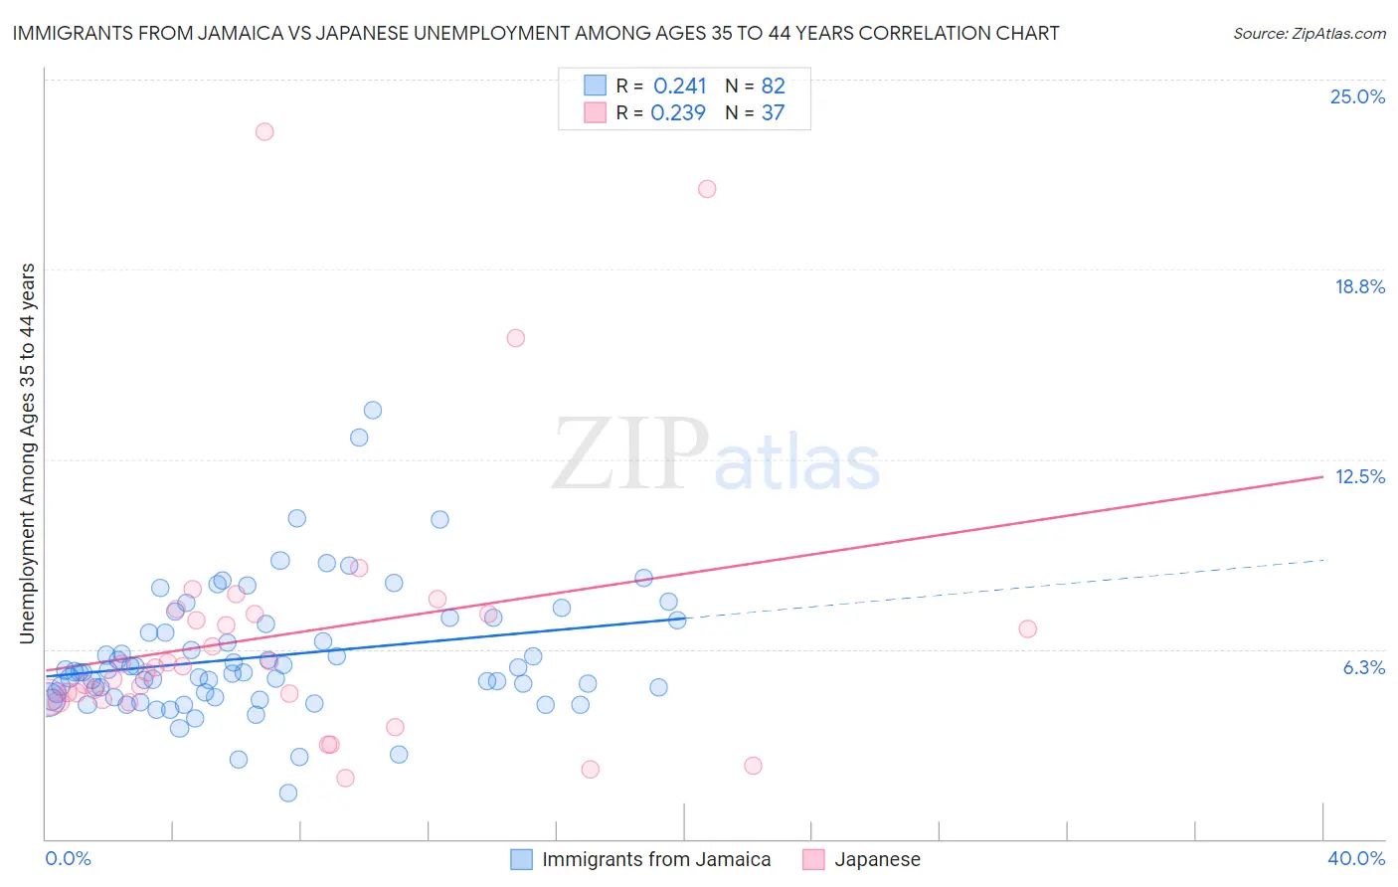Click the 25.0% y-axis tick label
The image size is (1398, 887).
(1357, 96)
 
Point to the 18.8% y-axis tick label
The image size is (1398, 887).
(1359, 286)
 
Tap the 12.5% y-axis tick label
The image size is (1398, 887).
(1359, 476)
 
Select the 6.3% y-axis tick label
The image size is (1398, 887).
(1363, 667)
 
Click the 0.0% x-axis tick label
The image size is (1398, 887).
(69, 858)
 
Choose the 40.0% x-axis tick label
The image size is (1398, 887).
(1355, 858)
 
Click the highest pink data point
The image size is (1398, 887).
(264, 131)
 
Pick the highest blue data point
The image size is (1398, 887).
(373, 410)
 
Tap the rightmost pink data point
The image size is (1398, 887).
(1028, 628)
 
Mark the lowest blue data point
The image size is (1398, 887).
(288, 793)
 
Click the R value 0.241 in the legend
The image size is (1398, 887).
(679, 86)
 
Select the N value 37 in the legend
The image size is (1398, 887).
(773, 112)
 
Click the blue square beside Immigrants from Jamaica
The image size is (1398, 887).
(522, 859)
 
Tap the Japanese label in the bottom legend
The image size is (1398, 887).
(877, 859)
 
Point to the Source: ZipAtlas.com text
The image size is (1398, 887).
(1309, 33)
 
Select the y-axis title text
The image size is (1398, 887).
(27, 453)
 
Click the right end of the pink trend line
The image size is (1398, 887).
(1323, 476)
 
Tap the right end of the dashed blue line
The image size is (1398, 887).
(1323, 560)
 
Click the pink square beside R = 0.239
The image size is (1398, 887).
(595, 112)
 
